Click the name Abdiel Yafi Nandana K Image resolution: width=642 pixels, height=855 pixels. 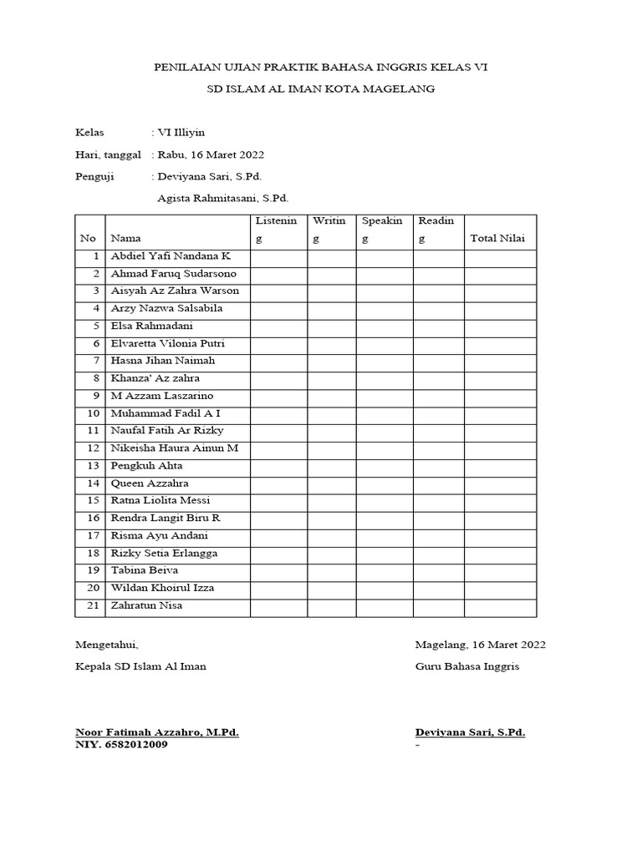170,255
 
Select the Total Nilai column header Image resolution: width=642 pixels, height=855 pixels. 497,238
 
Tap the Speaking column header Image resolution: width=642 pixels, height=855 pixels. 382,230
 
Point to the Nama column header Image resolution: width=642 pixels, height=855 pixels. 126,238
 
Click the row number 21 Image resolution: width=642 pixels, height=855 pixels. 93,605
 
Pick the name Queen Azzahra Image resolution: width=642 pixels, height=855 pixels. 150,483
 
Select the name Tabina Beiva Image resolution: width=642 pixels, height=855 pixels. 145,570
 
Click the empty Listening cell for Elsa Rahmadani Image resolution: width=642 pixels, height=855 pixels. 278,326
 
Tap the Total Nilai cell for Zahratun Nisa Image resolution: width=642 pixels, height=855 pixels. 500,606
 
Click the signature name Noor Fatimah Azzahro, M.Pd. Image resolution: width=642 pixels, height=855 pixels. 157,732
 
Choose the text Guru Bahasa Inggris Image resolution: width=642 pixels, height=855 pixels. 467,666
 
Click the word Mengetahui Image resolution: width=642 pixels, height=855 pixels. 107,645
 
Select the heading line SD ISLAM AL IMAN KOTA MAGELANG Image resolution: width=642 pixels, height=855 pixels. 321,89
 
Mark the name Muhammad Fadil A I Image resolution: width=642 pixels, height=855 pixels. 166,413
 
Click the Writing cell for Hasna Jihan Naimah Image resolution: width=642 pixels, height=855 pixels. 331,361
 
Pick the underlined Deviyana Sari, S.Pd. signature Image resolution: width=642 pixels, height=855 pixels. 471,732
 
